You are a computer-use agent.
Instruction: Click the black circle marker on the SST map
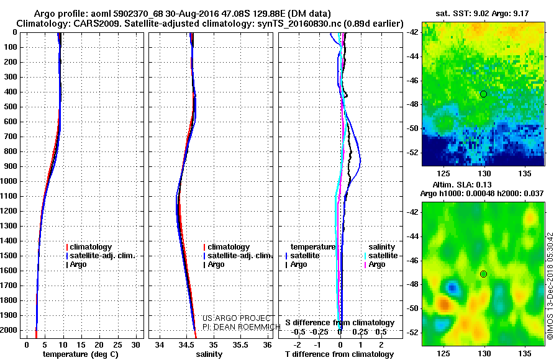483,94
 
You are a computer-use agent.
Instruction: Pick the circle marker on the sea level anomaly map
483,274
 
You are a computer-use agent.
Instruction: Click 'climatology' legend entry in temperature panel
91,247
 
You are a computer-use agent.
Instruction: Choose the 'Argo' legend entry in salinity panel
216,264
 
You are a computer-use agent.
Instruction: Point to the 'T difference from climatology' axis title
339,354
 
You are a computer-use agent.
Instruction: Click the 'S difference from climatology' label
340,323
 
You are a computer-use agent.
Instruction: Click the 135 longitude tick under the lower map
524,353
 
